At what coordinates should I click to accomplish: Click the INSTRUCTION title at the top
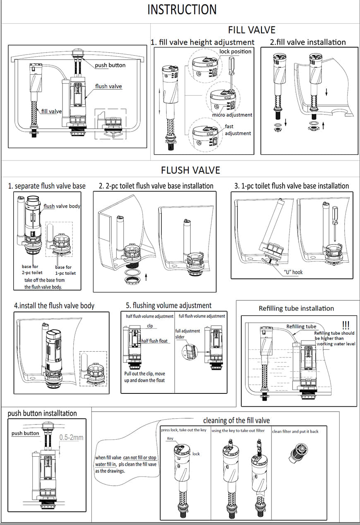pos(182,10)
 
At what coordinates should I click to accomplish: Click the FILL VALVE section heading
pos(251,30)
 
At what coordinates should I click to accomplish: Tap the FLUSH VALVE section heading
pos(190,170)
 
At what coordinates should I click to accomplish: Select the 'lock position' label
pos(235,51)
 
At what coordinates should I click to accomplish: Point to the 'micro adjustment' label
pos(232,115)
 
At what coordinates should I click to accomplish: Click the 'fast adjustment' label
pos(238,129)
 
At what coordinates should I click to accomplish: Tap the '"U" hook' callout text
pos(293,272)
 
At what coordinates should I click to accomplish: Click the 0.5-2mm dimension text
pos(71,437)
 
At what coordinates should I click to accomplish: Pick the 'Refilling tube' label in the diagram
pos(301,326)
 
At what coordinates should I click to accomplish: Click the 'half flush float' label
pos(154,341)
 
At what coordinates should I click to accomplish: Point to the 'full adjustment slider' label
pos(187,334)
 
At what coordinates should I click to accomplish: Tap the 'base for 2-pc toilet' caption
pos(32,270)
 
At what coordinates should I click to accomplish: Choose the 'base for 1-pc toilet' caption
pos(65,270)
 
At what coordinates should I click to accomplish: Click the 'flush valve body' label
pos(62,206)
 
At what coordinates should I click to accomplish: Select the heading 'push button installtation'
pos(42,413)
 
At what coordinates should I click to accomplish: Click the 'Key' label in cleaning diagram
pos(170,439)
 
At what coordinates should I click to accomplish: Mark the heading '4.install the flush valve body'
pos(54,306)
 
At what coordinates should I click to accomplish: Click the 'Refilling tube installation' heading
pos(296,308)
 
